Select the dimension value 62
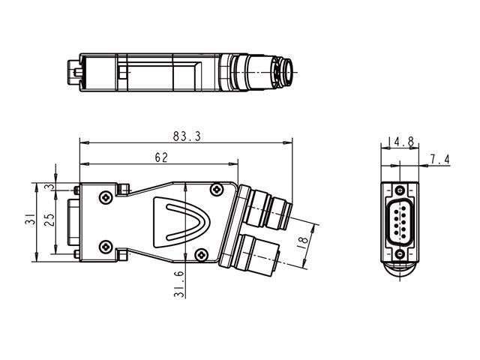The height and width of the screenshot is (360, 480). click(160, 157)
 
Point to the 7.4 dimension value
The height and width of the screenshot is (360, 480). click(439, 159)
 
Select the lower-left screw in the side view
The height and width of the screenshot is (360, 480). click(106, 245)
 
